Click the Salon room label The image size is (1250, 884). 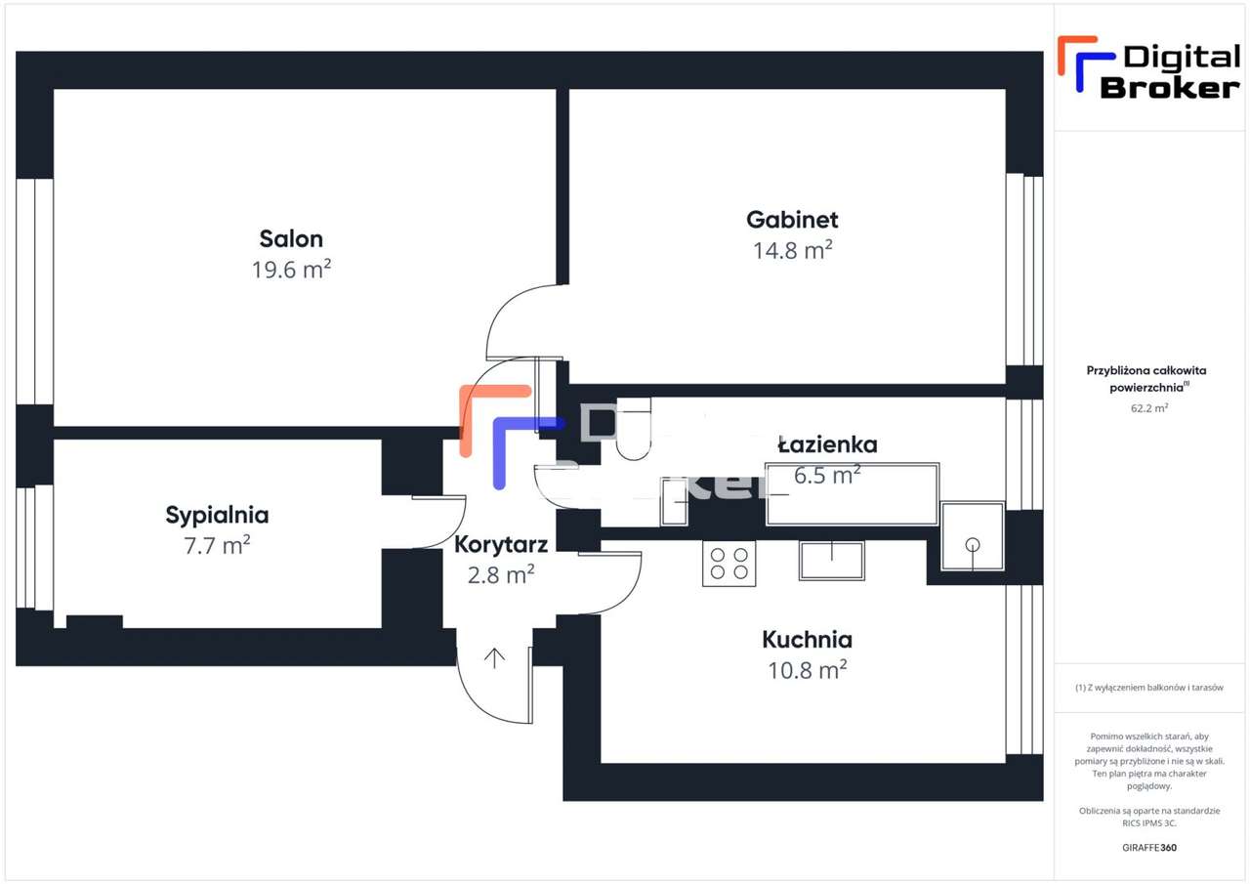[x=291, y=238]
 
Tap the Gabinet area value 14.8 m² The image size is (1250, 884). [x=792, y=250]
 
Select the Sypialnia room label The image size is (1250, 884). [x=217, y=515]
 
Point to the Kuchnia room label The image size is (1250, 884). [x=807, y=640]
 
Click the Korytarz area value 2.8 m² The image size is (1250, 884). [x=501, y=574]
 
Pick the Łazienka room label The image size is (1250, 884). [x=827, y=444]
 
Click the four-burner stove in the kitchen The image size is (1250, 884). [x=729, y=564]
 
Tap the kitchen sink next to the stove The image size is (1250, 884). [x=831, y=560]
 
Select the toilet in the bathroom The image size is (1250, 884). [x=633, y=431]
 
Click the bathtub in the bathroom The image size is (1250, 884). [x=853, y=494]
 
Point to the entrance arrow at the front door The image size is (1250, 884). [x=495, y=658]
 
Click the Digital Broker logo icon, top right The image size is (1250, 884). [x=1077, y=64]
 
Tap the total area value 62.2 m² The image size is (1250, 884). [x=1147, y=408]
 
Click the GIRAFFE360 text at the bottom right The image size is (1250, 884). [x=1149, y=847]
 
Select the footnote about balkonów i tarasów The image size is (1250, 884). [x=1149, y=688]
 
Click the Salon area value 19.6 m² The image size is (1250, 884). [x=291, y=270]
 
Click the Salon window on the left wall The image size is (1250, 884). [x=34, y=291]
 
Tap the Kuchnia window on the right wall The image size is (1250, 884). [x=1024, y=669]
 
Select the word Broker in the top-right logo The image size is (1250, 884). [x=1170, y=87]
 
